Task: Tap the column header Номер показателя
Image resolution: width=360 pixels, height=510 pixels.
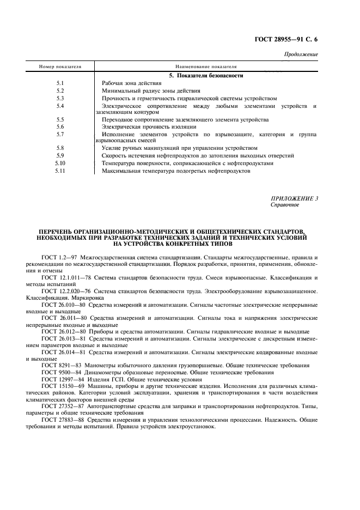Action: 60,66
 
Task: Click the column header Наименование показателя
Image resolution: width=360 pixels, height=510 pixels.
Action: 206,66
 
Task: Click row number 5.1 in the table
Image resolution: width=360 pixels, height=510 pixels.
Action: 60,83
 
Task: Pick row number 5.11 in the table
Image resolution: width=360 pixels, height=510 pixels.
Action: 60,171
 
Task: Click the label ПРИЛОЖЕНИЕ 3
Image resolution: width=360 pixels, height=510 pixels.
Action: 294,198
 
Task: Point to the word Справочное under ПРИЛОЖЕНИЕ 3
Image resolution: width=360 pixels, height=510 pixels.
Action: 285,205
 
